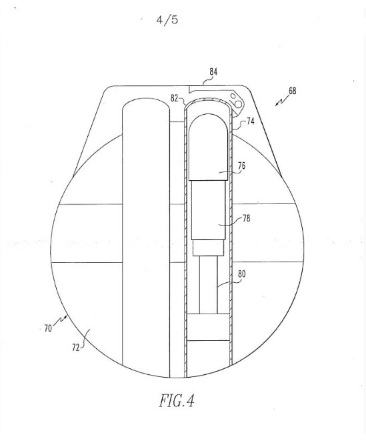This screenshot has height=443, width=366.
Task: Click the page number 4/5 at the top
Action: click(167, 20)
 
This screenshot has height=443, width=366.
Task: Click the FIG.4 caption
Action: click(177, 400)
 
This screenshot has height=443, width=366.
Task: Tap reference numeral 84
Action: click(213, 72)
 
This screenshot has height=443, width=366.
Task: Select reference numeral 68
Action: click(292, 91)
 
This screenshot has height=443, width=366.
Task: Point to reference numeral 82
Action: click(174, 98)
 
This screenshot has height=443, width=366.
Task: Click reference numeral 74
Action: click(250, 121)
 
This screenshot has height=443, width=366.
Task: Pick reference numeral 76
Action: click(241, 165)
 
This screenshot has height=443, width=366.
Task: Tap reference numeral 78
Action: click(246, 218)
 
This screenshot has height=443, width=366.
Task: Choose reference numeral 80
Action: click(242, 274)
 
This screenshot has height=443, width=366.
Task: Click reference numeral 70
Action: click(48, 328)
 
